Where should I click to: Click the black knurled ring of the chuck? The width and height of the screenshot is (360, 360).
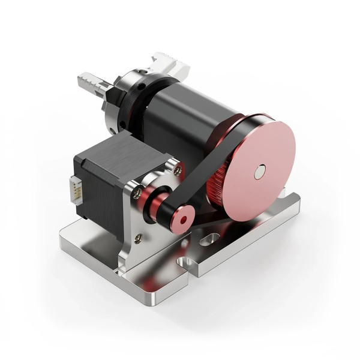(130, 102)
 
